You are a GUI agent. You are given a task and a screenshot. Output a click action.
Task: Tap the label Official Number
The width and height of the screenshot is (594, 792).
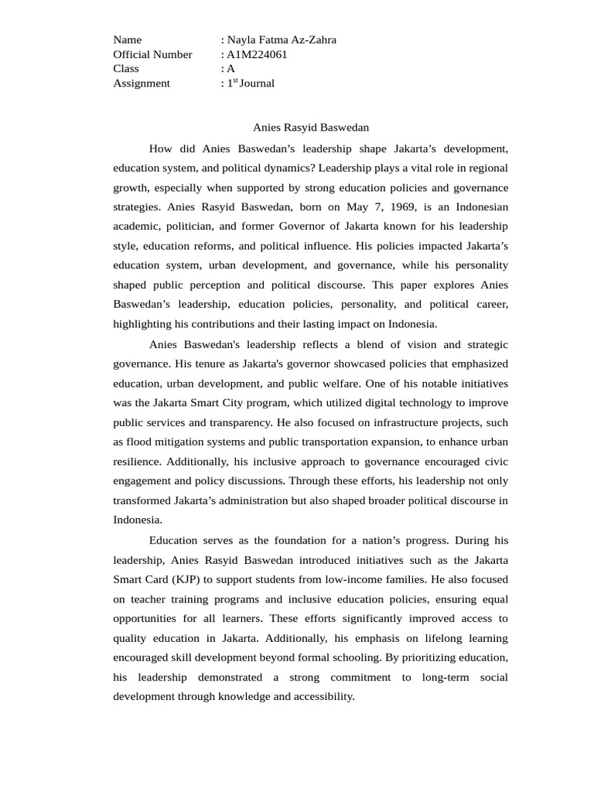[x=152, y=54]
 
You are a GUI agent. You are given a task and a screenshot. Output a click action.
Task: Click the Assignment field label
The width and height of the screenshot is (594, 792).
[x=142, y=83]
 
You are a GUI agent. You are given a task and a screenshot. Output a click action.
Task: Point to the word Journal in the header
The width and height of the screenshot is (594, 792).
[x=257, y=83]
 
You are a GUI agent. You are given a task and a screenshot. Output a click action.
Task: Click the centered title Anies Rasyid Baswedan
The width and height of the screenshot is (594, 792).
[x=311, y=127]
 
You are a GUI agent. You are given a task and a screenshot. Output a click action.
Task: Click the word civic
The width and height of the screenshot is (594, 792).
[x=495, y=462]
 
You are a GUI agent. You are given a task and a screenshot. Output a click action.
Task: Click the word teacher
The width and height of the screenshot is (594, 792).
[x=147, y=599]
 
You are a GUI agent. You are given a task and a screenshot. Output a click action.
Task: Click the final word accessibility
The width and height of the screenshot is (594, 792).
[x=323, y=696]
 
